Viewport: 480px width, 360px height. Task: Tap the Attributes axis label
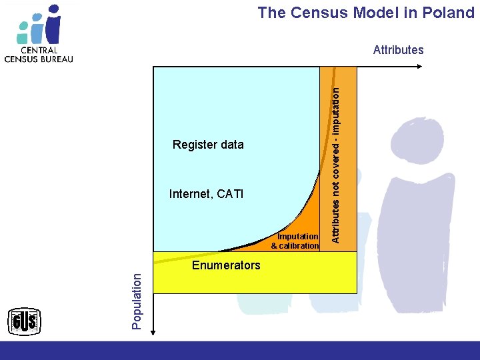pyautogui.click(x=398, y=49)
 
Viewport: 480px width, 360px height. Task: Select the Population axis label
pyautogui.click(x=137, y=300)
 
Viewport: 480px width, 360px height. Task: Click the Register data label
pyautogui.click(x=208, y=145)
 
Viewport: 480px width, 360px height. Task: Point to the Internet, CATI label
pyautogui.click(x=207, y=195)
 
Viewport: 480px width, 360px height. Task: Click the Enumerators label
pyautogui.click(x=226, y=265)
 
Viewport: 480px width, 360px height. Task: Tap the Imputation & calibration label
pyautogui.click(x=295, y=241)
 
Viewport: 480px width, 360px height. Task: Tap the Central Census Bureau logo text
pyautogui.click(x=39, y=54)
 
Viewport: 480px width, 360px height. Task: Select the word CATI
pyautogui.click(x=229, y=195)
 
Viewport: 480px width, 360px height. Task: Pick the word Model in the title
pyautogui.click(x=377, y=13)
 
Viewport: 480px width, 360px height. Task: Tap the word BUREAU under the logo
pyautogui.click(x=56, y=58)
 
